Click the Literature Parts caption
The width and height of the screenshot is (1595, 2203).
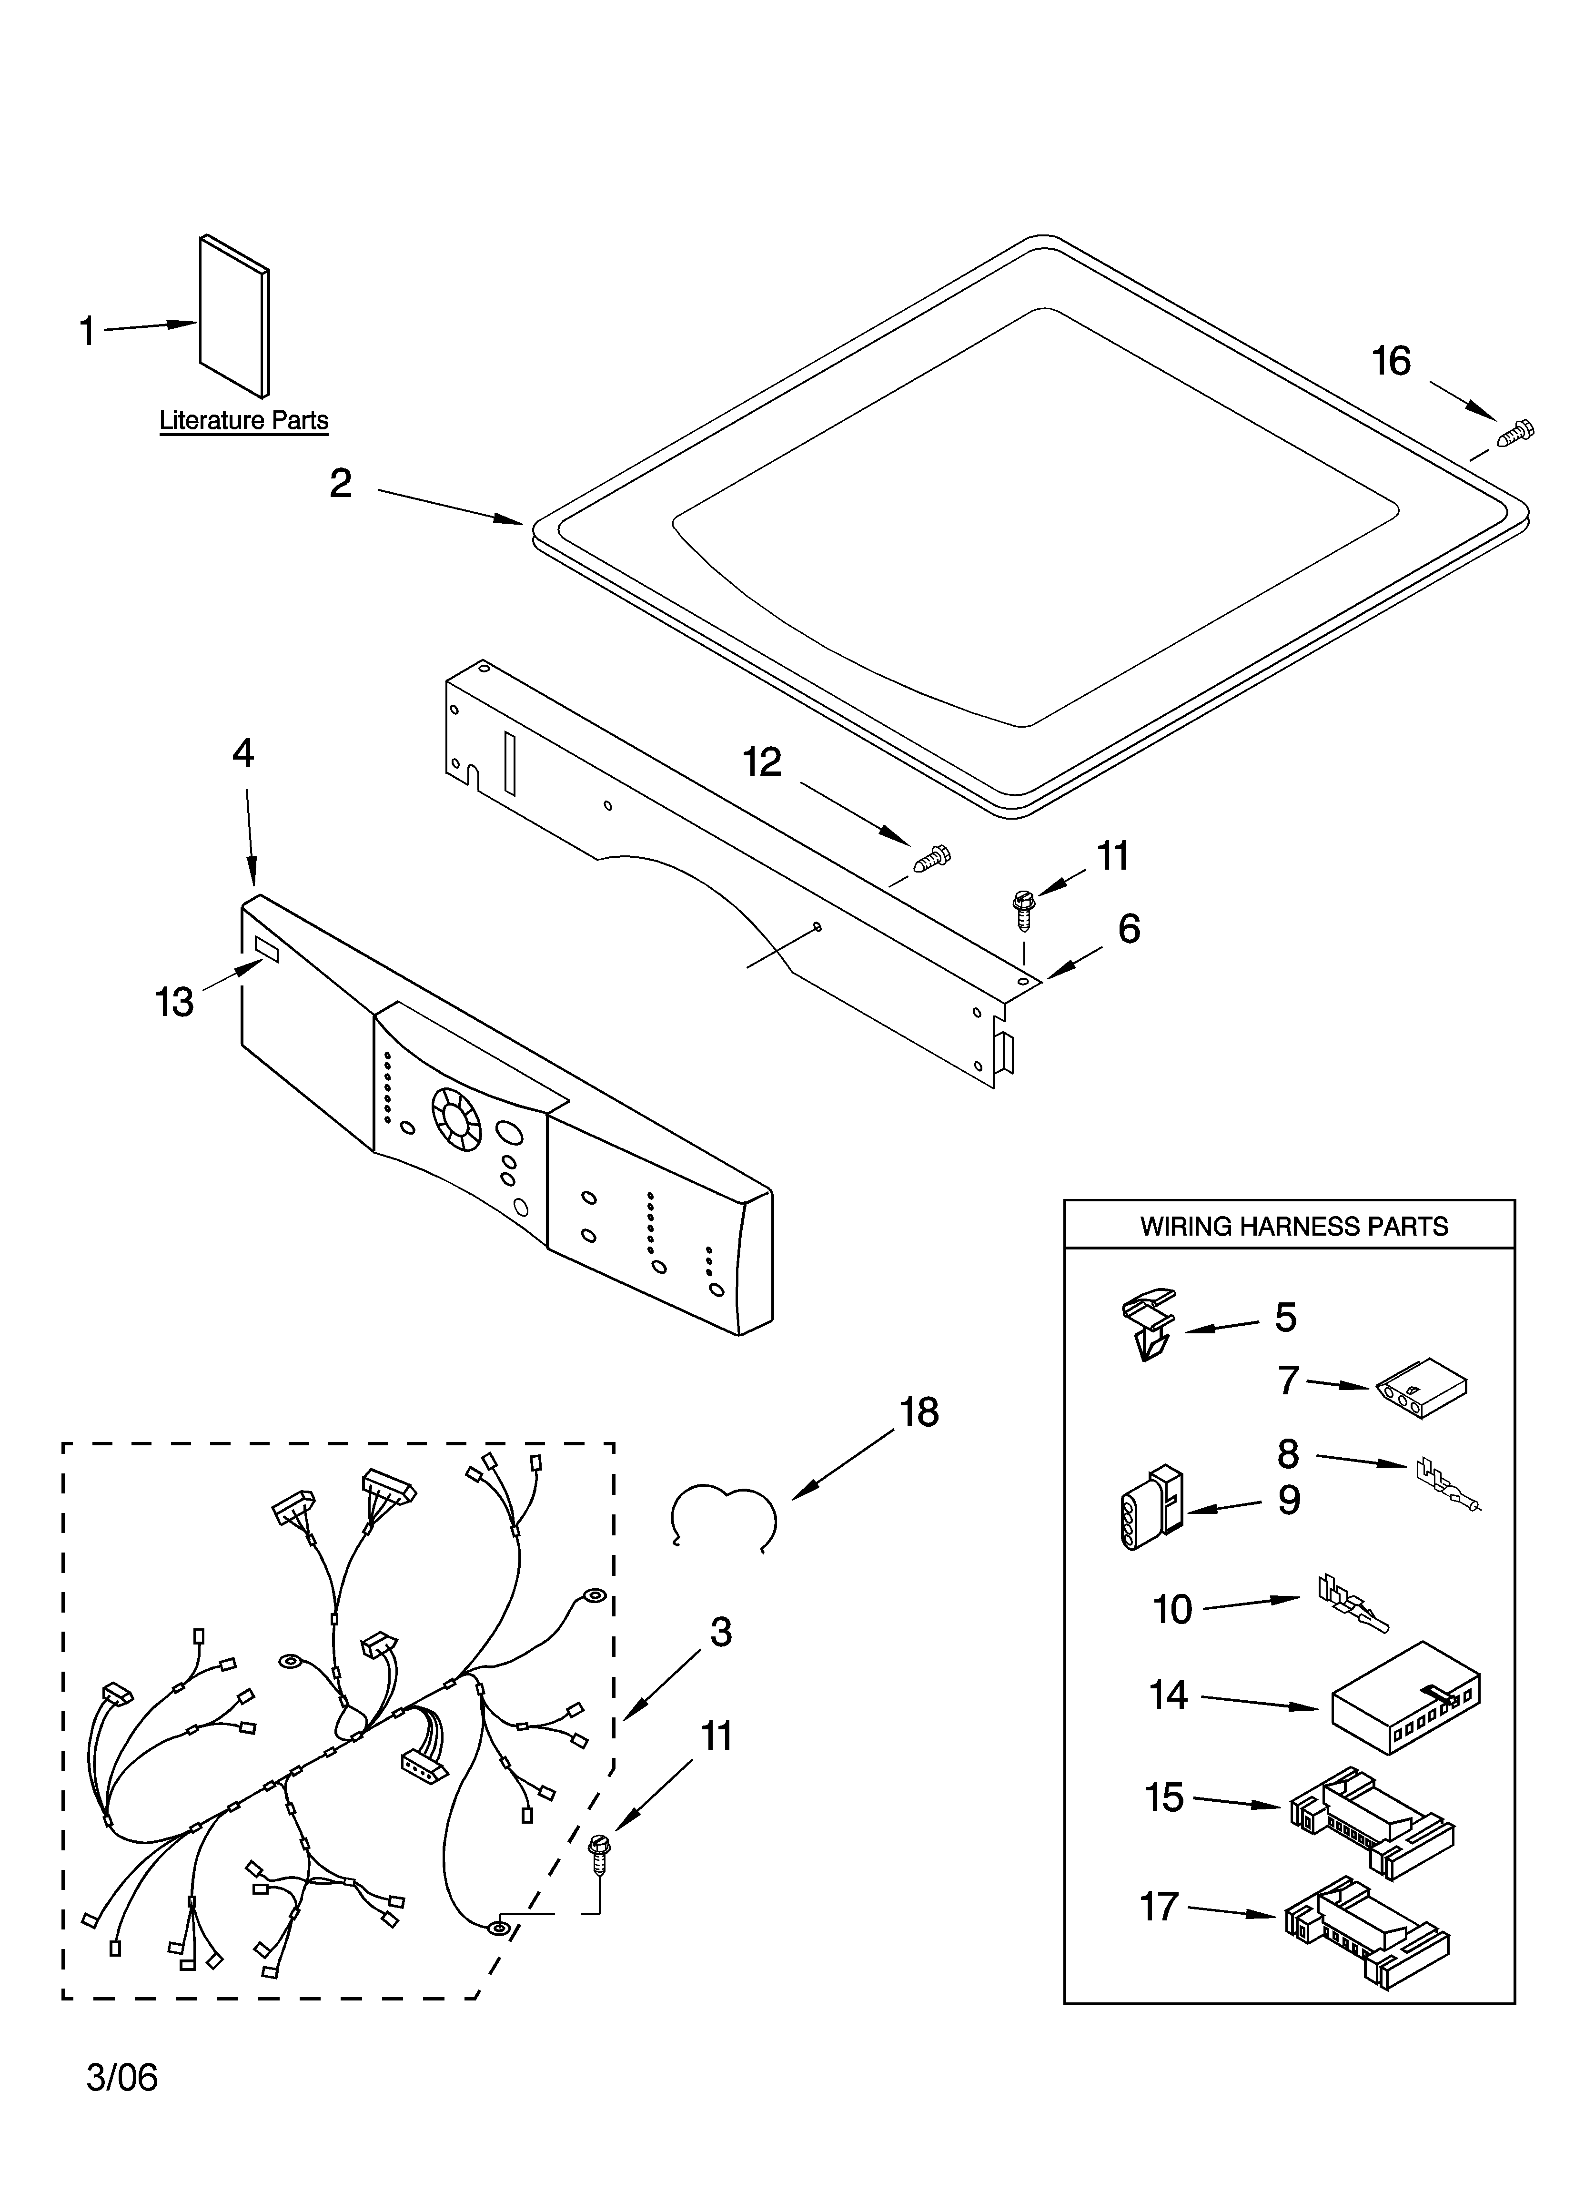[244, 421]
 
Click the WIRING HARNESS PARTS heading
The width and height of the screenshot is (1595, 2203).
[1293, 1227]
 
